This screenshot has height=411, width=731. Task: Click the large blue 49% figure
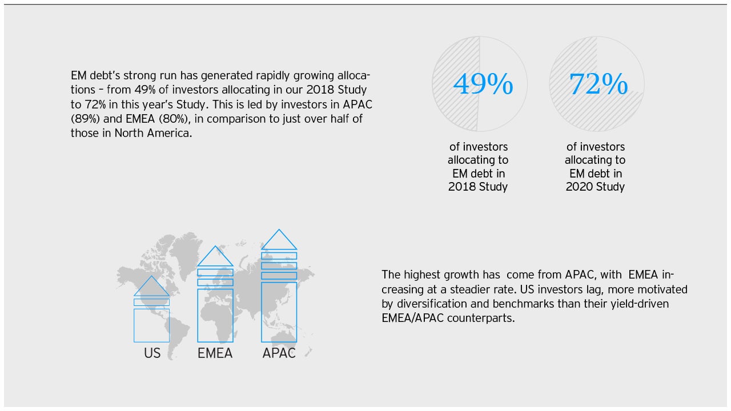tap(483, 84)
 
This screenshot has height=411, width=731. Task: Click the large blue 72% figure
tap(598, 84)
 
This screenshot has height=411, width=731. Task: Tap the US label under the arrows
tap(152, 353)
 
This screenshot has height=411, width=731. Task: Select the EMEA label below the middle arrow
tap(215, 353)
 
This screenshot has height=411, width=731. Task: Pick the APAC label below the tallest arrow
tap(279, 353)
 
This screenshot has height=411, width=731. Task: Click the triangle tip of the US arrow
tap(151, 276)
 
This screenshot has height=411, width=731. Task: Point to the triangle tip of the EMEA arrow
tap(215, 246)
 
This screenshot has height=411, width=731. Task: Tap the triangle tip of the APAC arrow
tap(279, 229)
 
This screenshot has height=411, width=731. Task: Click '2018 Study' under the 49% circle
tap(478, 187)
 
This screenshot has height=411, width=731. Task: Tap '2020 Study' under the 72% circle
tap(595, 187)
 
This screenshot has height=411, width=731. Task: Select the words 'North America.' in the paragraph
tap(153, 133)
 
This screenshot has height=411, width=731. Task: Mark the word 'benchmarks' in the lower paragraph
tap(523, 304)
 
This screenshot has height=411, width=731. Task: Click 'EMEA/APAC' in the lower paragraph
tap(412, 318)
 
